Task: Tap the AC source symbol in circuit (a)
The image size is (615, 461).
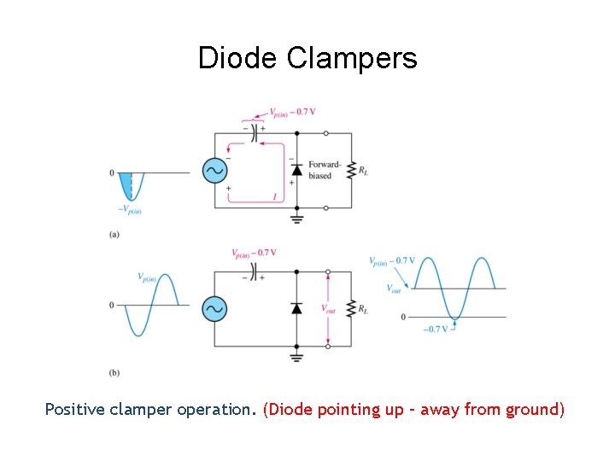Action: click(214, 171)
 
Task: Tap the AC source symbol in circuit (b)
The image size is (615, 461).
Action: click(214, 308)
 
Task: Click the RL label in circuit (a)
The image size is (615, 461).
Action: click(365, 172)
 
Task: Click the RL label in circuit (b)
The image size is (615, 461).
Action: click(365, 309)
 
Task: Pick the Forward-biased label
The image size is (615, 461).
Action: click(325, 170)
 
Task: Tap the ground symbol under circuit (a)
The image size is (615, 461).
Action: click(296, 219)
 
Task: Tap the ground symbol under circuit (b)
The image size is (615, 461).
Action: click(296, 357)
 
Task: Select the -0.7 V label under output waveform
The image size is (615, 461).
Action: click(436, 329)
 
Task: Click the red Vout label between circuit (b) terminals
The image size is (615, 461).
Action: click(328, 308)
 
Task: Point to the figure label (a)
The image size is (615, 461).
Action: click(114, 235)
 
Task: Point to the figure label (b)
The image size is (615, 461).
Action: click(114, 373)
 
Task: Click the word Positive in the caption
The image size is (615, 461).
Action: click(73, 410)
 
